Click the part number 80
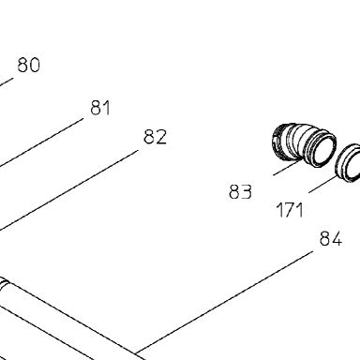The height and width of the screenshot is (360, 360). pos(29,65)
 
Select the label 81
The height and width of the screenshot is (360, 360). pos(100,108)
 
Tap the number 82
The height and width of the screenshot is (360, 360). pos(156,137)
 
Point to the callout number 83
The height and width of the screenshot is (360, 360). pos(240,191)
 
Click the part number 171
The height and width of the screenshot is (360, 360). pos(290,210)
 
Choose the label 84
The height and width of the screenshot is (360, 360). pos(331,239)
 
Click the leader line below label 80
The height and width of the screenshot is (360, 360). pos(7,82)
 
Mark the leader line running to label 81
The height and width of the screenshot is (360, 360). pos(41,142)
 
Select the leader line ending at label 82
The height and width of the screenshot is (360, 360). pos(68,190)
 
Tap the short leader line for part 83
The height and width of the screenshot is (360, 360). pos(287,167)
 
